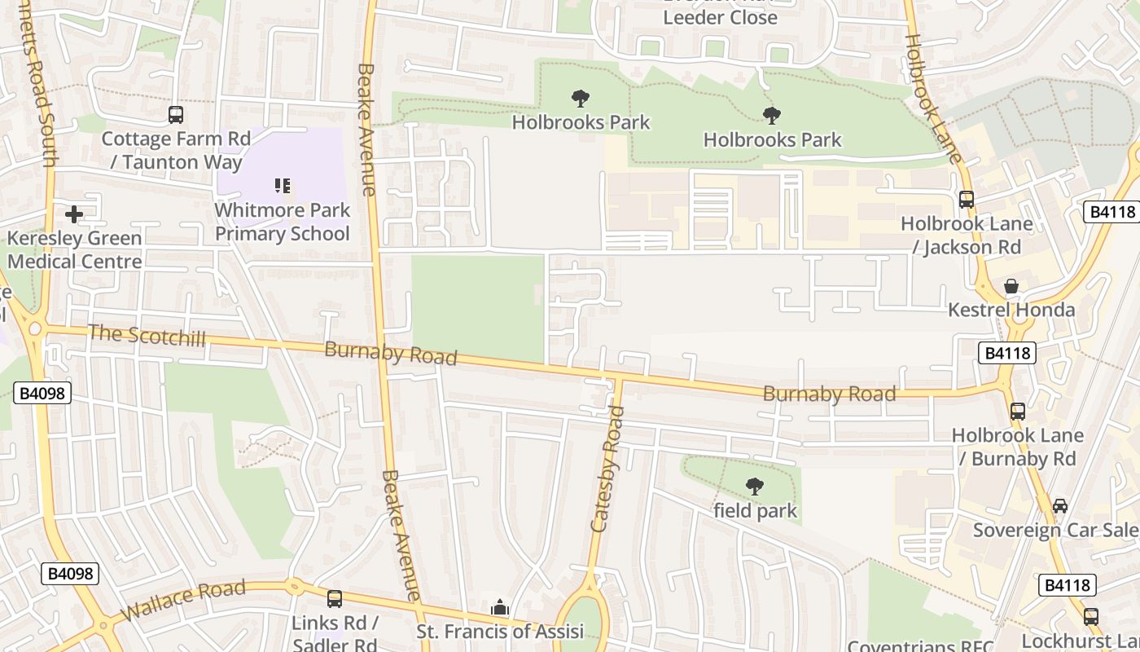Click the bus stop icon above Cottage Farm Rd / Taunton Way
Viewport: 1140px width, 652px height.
(176, 115)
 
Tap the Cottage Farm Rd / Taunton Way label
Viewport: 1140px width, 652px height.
(176, 150)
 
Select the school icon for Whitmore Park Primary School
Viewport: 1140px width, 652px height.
(283, 186)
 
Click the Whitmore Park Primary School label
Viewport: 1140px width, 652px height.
(283, 222)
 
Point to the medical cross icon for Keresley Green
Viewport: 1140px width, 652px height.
(74, 214)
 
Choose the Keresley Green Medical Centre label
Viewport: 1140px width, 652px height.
(75, 250)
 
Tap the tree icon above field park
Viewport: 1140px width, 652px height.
(755, 487)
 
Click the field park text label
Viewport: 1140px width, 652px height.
(755, 511)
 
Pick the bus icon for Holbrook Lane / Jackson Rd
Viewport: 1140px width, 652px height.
(967, 199)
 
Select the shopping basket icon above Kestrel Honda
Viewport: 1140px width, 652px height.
(1011, 286)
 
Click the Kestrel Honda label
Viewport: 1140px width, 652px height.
(1011, 310)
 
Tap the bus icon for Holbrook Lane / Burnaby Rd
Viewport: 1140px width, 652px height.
(1018, 412)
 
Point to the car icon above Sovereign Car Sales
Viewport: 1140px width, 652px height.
(1059, 506)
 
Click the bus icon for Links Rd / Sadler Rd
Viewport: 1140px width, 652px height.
(335, 599)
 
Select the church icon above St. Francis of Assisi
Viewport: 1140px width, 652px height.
(500, 608)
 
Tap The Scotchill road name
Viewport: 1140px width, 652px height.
(147, 335)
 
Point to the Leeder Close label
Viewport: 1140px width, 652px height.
(720, 17)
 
